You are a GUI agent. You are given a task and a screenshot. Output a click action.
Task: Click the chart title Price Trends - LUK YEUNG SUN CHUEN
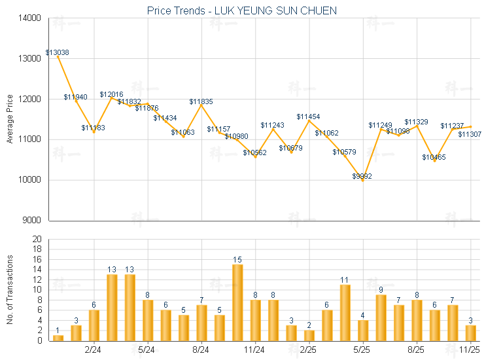[x=242, y=11]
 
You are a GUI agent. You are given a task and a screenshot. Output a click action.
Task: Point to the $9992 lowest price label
[x=362, y=177]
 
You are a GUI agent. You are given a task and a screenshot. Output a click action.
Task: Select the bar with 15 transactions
[x=237, y=302]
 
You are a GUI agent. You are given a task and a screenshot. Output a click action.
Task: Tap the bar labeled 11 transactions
[x=345, y=312]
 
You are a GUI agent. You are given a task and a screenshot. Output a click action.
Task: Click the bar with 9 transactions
[x=381, y=317]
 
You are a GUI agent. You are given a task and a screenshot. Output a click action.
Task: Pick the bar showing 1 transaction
[x=58, y=338]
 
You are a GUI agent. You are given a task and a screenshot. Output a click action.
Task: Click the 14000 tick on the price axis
[x=30, y=18]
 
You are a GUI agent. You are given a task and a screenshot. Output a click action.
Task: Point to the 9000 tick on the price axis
[x=32, y=221]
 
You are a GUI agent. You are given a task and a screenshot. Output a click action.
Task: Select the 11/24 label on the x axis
[x=255, y=350]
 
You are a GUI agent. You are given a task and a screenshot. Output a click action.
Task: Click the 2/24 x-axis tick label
[x=94, y=350]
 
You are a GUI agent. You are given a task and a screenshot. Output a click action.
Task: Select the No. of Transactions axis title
[x=10, y=289]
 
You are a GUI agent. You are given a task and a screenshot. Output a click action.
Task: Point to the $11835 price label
[x=201, y=102]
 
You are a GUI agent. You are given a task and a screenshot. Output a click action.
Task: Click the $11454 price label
[x=308, y=117]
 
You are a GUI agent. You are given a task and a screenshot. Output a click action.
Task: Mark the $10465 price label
[x=434, y=157]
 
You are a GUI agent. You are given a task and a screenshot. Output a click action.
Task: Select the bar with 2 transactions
[x=309, y=335]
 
